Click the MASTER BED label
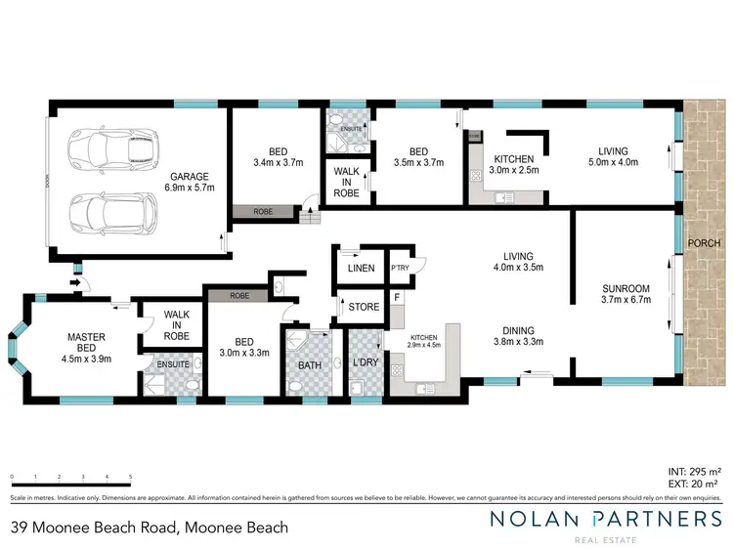coord(86,343)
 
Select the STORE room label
coord(364,307)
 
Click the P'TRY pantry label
coord(399,268)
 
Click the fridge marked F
coord(397,296)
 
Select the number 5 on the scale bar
coord(130,478)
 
